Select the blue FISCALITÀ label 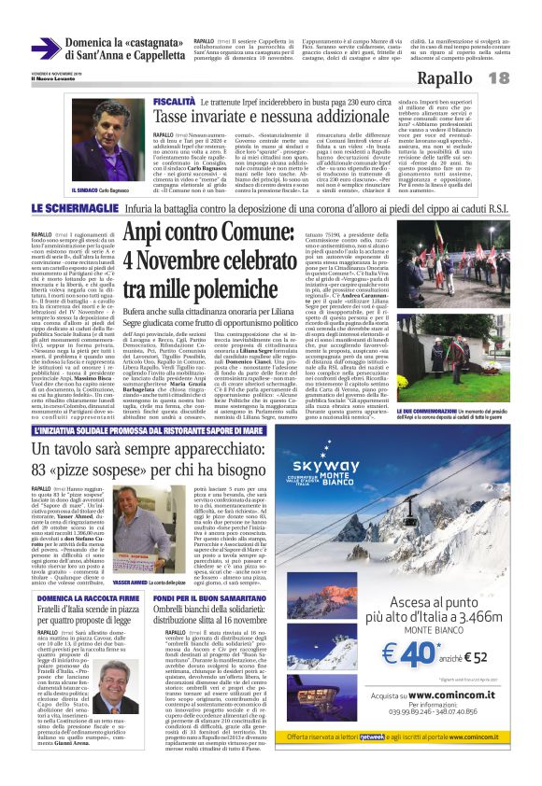point(174,99)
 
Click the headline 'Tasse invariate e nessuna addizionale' point(286,116)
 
